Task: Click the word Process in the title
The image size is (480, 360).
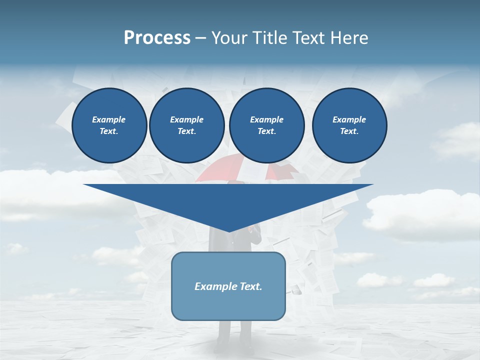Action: (157, 38)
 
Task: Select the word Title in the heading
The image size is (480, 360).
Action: (270, 38)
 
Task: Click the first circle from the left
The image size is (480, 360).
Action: (109, 125)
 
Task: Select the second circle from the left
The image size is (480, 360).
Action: (187, 125)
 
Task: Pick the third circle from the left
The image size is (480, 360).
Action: (266, 125)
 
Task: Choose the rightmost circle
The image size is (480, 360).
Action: (349, 125)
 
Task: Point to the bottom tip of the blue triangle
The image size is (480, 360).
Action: (228, 231)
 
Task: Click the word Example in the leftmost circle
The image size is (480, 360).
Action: (109, 119)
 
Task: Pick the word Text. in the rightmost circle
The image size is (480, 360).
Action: (349, 131)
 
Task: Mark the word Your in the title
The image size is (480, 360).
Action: (228, 38)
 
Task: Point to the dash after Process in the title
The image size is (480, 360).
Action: (200, 38)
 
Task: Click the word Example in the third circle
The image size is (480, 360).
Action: (266, 119)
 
